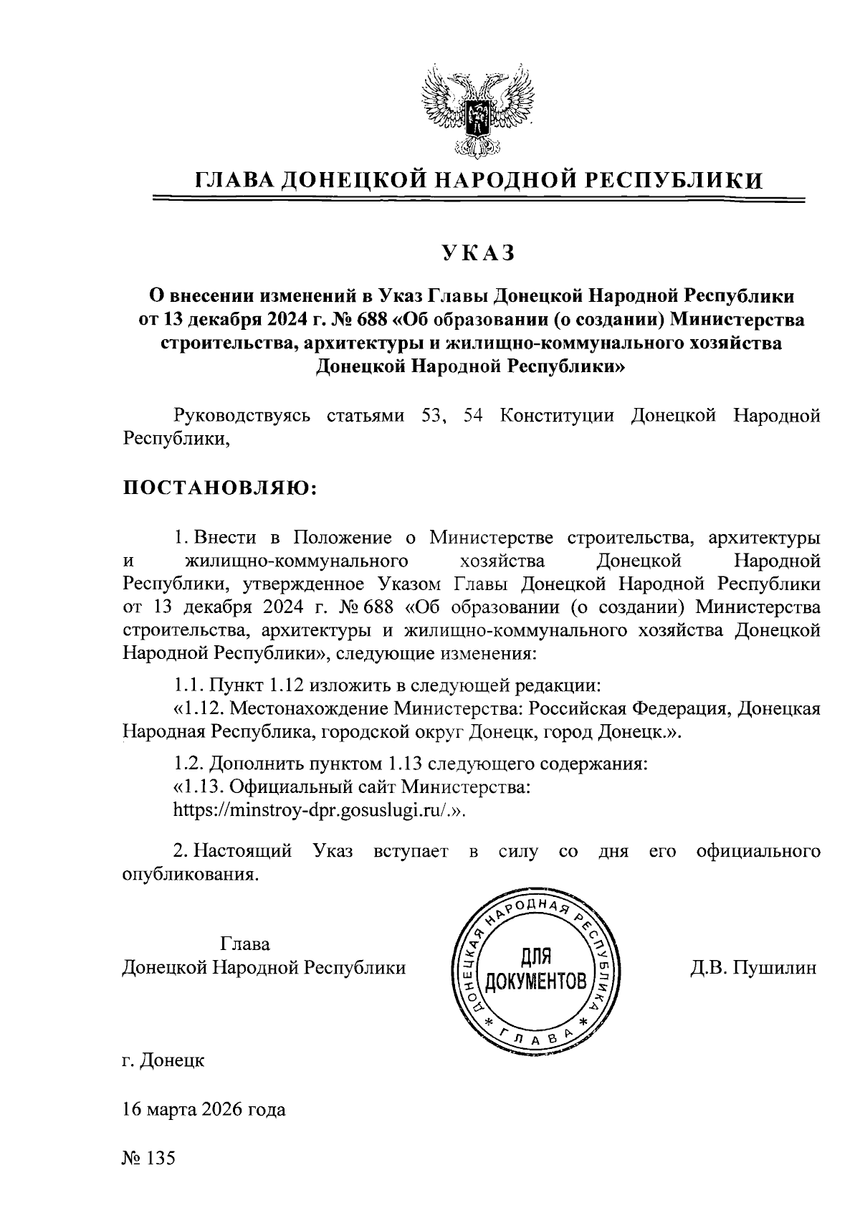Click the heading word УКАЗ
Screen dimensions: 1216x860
point(479,254)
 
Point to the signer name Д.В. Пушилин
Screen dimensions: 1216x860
point(753,968)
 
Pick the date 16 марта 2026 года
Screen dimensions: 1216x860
point(204,1110)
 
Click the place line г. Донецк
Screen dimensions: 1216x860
point(163,1060)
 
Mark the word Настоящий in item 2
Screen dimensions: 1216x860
point(244,851)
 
